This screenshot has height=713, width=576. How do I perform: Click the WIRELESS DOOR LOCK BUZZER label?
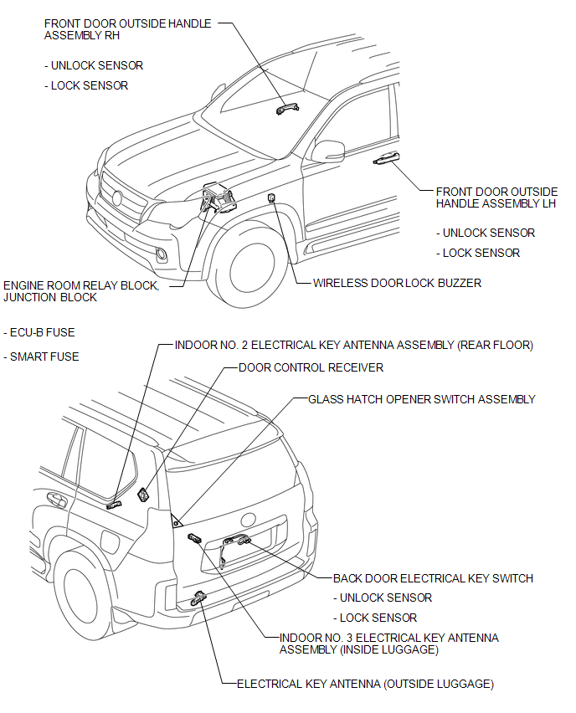397,283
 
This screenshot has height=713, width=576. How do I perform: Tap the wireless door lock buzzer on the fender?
271,197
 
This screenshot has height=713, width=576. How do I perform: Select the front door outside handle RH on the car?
285,106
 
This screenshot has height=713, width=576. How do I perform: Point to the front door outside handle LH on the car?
385,158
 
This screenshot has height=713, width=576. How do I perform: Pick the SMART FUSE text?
44,356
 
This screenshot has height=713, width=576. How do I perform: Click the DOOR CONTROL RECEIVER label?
311,367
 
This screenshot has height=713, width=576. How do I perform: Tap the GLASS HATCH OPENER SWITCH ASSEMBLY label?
421,399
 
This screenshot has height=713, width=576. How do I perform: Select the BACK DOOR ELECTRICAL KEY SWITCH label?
433,578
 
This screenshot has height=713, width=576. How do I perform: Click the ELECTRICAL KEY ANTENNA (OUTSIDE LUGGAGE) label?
365,684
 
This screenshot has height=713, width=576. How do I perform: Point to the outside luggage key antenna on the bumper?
201,596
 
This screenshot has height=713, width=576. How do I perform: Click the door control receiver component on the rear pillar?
144,495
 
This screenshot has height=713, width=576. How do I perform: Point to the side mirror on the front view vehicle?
328,151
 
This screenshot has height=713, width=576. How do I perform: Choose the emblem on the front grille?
116,199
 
